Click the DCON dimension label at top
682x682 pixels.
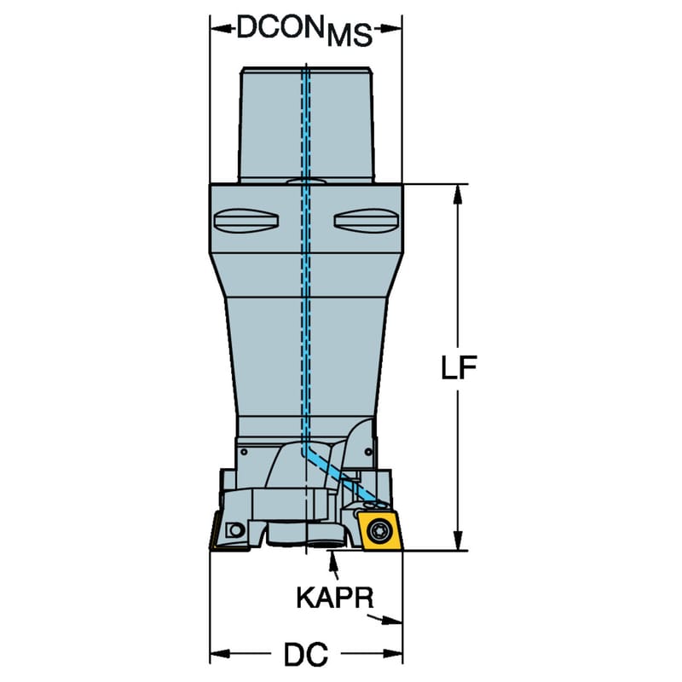[304, 31]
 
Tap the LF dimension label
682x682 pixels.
[459, 367]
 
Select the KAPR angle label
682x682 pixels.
[335, 598]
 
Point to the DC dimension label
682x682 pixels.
[306, 654]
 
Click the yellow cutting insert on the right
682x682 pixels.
[379, 530]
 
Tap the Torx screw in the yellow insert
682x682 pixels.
[377, 530]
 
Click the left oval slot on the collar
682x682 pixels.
[246, 221]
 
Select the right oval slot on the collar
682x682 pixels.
[367, 221]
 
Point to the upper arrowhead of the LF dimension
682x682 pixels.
[458, 194]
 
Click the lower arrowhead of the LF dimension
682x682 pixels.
[458, 540]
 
